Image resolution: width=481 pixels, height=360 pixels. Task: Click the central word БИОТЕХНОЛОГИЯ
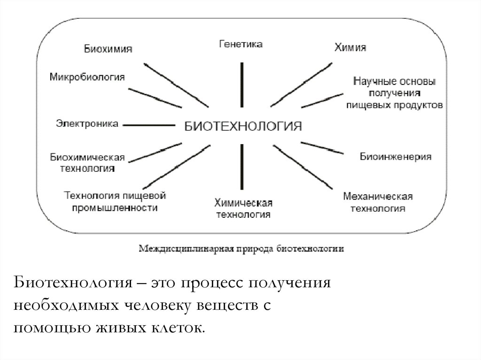[x=242, y=126]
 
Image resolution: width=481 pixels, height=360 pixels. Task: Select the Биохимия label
[x=108, y=49]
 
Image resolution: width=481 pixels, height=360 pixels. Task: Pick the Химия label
[x=350, y=47]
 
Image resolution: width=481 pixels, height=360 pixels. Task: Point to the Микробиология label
[x=87, y=77]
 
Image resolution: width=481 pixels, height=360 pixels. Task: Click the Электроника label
[x=87, y=124]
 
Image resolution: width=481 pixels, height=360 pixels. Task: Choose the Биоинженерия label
[x=396, y=156]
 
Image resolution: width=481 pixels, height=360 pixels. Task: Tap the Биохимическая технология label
[x=87, y=162]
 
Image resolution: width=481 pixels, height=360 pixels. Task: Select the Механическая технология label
[x=378, y=201]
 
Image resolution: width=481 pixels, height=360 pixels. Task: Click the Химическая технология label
[x=243, y=208]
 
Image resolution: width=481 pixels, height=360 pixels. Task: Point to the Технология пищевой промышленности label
[x=115, y=200]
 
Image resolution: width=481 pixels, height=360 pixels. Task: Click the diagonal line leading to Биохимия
[x=176, y=84]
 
